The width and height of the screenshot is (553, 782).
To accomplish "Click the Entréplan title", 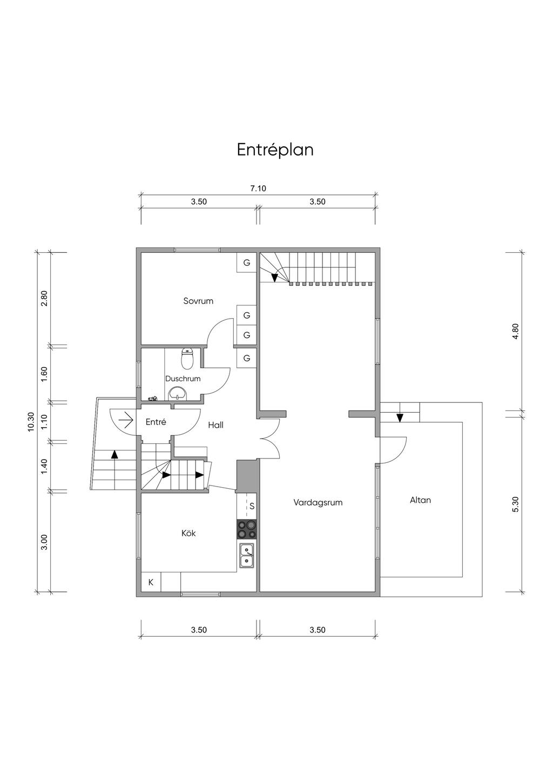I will tap(275, 150).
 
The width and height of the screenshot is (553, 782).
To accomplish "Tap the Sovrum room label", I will tap(198, 301).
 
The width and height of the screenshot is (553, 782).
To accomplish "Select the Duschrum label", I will tap(183, 379).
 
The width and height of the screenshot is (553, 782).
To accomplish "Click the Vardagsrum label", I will tap(318, 502).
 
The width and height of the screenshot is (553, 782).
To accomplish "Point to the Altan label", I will tap(420, 500).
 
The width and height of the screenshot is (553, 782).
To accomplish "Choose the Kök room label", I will tap(188, 533).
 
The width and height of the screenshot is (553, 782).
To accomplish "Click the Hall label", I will tap(215, 425).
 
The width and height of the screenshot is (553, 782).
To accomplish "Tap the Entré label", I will tap(156, 422).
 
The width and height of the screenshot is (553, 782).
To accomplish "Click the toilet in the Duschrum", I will tap(187, 357).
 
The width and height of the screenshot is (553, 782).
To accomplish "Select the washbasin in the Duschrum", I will tap(178, 394).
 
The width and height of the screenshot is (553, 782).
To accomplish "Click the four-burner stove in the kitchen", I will tap(246, 529).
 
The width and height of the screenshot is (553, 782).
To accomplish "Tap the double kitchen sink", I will tap(247, 556).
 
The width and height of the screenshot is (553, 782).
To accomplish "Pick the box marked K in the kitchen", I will tap(151, 582).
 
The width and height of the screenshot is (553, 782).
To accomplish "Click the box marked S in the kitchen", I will tap(251, 507).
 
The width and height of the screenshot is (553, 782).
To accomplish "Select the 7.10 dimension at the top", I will tap(258, 188).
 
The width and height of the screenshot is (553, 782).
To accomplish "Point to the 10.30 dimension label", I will tap(31, 421).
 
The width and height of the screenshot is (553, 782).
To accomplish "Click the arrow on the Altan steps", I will tap(400, 417).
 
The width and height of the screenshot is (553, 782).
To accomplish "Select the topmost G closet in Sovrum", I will tap(247, 263).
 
